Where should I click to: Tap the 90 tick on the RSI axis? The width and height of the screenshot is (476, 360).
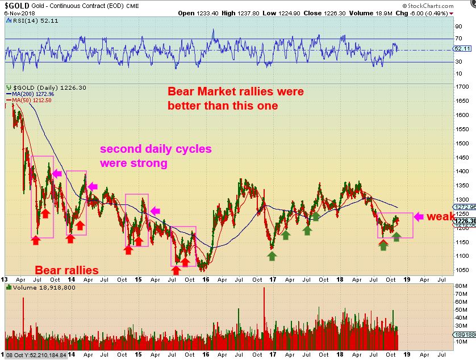(x=458, y=26)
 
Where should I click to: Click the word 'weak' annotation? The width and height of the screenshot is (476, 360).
(x=440, y=217)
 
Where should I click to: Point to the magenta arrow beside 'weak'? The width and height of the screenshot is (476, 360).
(x=419, y=216)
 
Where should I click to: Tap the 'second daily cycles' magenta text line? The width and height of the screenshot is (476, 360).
(x=156, y=149)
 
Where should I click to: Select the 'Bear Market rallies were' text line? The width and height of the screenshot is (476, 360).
(x=235, y=91)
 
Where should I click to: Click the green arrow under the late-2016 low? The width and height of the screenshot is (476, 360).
(x=272, y=256)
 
